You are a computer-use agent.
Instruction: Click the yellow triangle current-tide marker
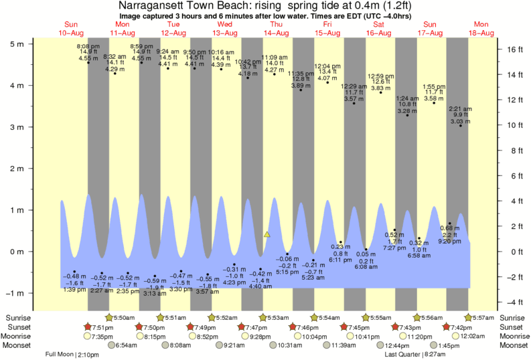point(267,234)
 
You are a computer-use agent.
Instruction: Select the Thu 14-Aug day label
point(276,28)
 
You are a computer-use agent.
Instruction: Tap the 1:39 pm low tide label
point(74,289)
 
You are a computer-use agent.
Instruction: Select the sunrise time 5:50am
point(123,317)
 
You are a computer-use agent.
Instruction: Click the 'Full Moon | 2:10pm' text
point(72,355)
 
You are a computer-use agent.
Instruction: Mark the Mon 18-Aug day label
point(481,28)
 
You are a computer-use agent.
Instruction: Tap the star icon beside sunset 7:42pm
point(447,327)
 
